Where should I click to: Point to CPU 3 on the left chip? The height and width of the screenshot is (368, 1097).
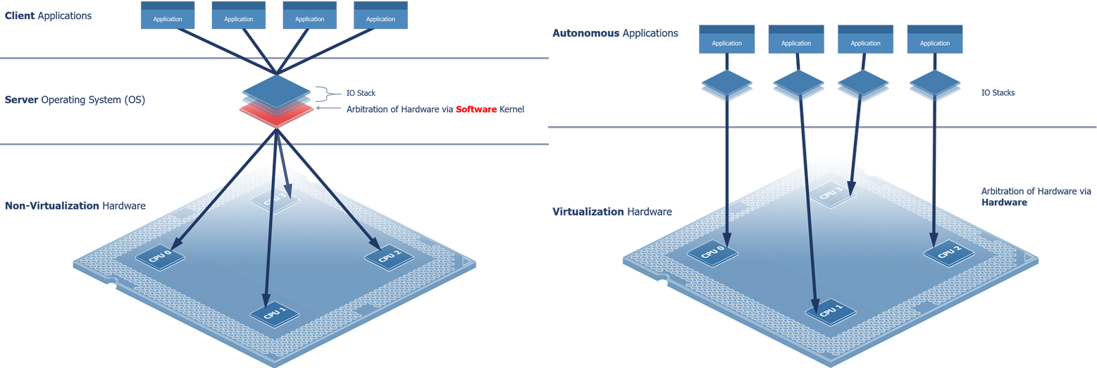275,200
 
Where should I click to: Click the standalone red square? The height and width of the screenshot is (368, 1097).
476,105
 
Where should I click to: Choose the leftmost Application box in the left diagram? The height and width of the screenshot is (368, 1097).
168,19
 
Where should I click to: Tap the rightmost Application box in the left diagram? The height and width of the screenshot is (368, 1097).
380,19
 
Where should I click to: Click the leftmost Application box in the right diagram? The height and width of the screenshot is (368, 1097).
726,43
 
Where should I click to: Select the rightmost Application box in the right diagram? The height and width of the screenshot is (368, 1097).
935,43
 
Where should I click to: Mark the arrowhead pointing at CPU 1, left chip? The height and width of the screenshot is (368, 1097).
266,297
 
